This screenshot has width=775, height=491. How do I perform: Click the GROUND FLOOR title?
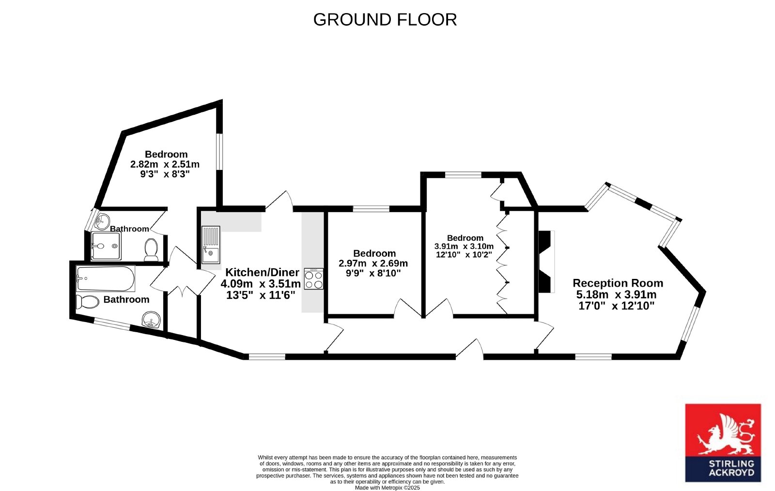[385, 20]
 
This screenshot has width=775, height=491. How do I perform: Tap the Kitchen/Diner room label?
[262, 273]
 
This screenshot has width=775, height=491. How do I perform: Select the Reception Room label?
[618, 283]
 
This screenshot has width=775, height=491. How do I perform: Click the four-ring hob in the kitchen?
[314, 279]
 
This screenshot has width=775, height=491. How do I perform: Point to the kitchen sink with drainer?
[211, 245]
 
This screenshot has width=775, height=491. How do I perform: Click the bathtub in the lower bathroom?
[106, 278]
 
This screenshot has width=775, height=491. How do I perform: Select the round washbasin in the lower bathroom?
[151, 320]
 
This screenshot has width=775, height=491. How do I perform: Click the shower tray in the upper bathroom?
[106, 246]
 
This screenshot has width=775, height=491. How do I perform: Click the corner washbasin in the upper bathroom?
[102, 221]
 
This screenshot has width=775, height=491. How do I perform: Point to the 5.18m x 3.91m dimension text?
[616, 294]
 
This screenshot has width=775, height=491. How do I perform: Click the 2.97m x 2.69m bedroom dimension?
[373, 263]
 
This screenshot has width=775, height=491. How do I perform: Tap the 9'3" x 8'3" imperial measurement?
[165, 174]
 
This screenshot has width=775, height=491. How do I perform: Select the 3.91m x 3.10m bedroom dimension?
[464, 246]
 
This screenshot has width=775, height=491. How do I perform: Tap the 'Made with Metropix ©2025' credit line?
[387, 488]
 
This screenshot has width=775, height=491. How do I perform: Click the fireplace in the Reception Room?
[546, 261]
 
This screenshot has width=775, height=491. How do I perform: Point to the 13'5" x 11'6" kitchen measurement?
[261, 295]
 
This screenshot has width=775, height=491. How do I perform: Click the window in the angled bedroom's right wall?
[219, 152]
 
